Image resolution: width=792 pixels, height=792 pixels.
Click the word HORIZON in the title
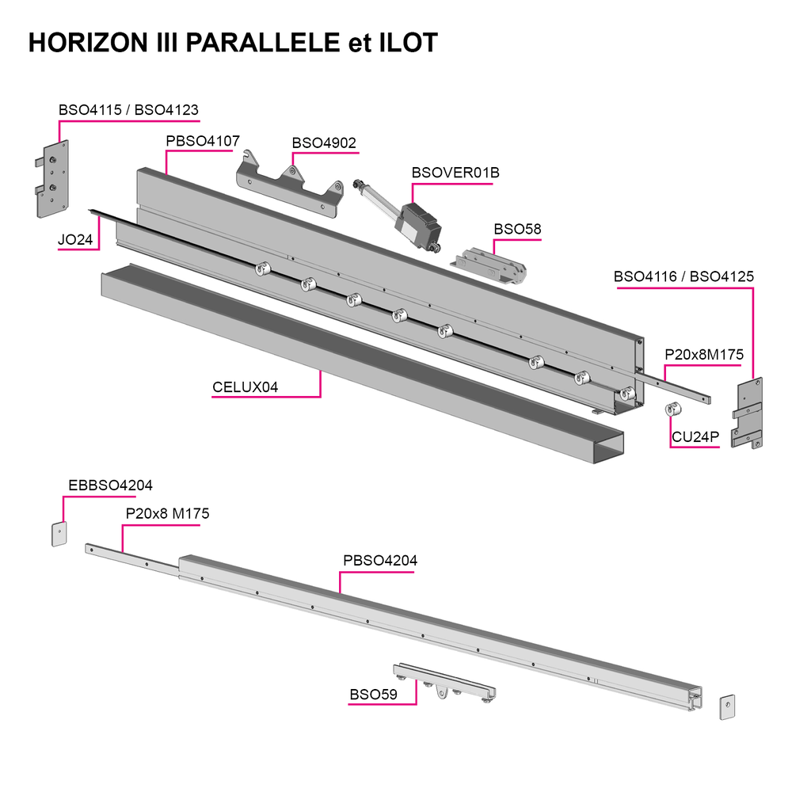[89, 43]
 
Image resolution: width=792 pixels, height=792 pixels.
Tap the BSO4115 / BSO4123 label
[128, 109]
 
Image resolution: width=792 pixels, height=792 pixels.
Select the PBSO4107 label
[203, 141]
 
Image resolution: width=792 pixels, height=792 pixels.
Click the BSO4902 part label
[324, 143]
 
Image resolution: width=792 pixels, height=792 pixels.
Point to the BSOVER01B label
[455, 173]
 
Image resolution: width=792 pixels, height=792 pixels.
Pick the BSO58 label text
[517, 230]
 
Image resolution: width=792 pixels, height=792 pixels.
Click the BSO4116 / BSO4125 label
[683, 276]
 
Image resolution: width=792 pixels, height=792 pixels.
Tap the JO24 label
[75, 239]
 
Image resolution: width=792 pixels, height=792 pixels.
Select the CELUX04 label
[245, 387]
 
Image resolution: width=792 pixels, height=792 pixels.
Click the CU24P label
[695, 437]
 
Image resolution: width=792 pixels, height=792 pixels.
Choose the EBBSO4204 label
[110, 485]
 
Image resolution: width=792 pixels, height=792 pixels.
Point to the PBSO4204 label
[380, 561]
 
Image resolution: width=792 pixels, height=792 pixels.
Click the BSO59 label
[373, 695]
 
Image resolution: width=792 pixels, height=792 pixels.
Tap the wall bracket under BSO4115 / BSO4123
[52, 179]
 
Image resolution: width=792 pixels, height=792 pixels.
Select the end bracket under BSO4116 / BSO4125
[747, 413]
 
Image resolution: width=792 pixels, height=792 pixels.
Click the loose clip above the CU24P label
[673, 409]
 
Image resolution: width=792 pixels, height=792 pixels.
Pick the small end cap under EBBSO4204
[59, 534]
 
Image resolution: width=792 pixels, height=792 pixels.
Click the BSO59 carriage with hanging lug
[444, 683]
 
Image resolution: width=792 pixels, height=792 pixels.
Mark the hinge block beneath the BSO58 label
[489, 265]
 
